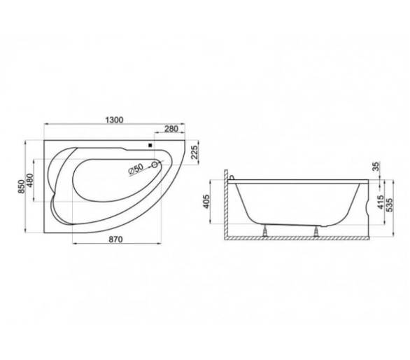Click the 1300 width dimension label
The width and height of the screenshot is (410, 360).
(x=114, y=120)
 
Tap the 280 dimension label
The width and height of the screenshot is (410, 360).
(x=171, y=129)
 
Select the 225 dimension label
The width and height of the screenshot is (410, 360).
(x=195, y=152)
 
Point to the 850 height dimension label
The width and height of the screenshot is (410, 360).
(x=22, y=186)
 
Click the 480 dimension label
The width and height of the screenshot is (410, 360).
(x=30, y=180)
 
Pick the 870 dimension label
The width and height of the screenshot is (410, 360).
(x=115, y=240)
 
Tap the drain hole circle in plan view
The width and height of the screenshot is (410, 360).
(x=155, y=165)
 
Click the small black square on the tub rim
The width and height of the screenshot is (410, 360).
(x=150, y=145)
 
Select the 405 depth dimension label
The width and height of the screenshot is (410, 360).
(x=206, y=202)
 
